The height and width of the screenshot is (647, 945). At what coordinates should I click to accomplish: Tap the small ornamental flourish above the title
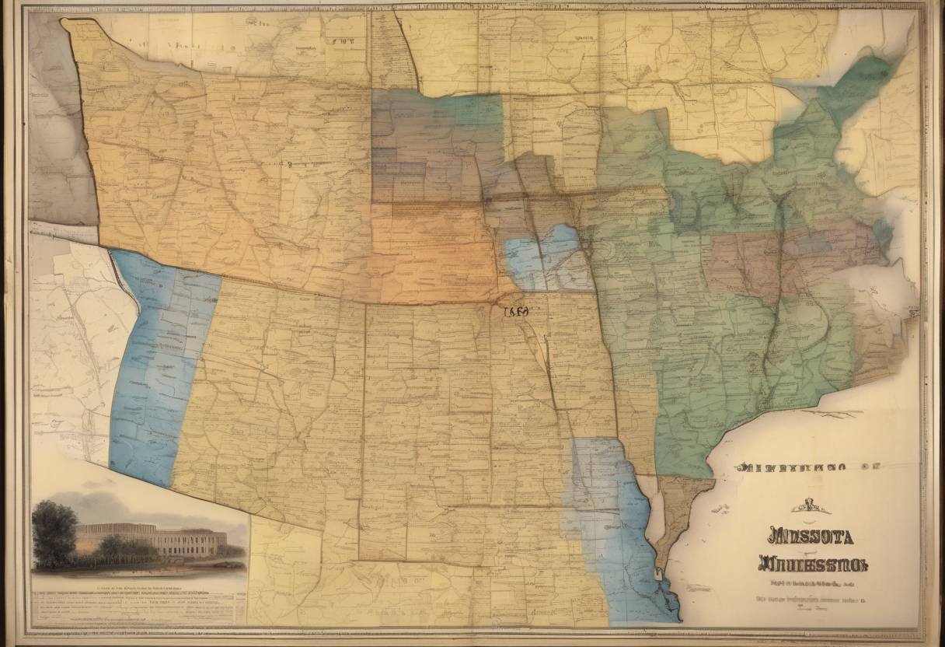tap(809, 508)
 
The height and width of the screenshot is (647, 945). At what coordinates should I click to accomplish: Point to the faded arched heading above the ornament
tap(790, 468)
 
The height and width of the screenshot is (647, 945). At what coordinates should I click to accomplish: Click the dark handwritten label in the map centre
tap(516, 312)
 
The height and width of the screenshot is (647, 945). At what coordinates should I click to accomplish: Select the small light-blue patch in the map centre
tap(544, 258)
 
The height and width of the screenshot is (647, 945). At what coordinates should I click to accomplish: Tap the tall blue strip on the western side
tap(159, 365)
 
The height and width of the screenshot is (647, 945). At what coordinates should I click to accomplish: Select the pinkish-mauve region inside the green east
tap(746, 264)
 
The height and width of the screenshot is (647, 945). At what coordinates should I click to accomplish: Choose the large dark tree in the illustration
tap(54, 533)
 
